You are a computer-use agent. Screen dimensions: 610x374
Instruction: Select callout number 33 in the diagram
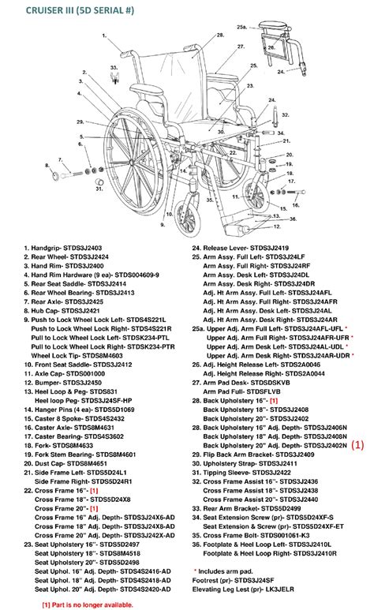114,68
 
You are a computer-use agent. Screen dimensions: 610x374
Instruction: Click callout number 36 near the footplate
294,219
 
